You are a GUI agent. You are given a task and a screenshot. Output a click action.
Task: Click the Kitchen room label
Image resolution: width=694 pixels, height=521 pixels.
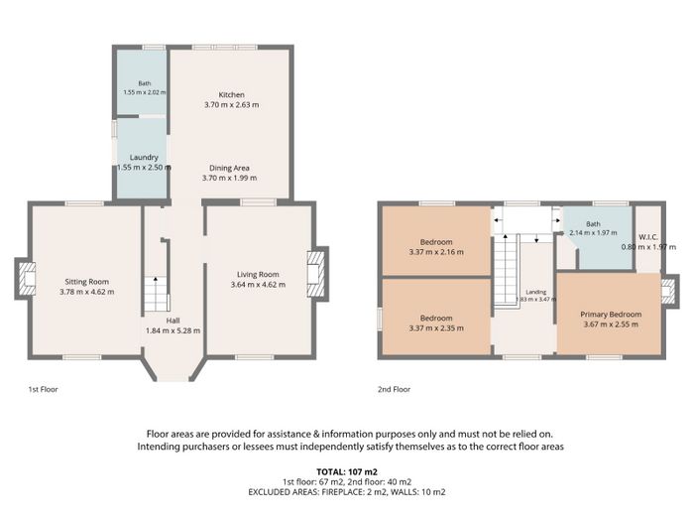(231, 95)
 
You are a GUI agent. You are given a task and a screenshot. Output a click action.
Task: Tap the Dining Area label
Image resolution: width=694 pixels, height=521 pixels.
(229, 168)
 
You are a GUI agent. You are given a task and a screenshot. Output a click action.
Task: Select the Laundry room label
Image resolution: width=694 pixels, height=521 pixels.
(144, 157)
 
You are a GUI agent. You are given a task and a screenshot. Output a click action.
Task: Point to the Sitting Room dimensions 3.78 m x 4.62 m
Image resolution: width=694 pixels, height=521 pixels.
(87, 292)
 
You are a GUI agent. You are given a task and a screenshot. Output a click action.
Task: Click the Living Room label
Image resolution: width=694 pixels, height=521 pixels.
(258, 275)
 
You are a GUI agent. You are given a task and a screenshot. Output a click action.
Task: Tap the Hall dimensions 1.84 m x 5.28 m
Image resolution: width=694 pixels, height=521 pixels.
(173, 330)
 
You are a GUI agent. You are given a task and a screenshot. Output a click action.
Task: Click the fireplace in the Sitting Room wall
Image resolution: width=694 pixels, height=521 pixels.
(25, 279)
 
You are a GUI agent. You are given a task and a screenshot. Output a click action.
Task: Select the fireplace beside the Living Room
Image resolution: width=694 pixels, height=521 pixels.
(318, 274)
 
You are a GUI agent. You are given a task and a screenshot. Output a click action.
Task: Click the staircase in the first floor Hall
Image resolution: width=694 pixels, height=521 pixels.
(156, 294)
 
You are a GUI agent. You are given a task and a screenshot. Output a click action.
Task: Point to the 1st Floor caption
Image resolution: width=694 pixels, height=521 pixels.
(43, 389)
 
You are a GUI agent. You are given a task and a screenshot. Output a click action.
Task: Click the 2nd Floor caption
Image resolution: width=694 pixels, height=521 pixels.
(394, 389)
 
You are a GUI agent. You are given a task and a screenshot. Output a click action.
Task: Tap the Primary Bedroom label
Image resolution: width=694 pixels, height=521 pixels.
(611, 315)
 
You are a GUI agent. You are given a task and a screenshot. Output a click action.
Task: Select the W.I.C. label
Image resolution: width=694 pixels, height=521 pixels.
(648, 237)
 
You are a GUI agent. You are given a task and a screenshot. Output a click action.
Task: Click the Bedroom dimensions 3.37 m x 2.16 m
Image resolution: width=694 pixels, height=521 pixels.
(436, 252)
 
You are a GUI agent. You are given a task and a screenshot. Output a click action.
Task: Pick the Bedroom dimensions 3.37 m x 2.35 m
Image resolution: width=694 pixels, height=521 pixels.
(436, 328)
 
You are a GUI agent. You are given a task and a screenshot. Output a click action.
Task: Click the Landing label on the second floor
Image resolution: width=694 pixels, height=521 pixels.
(536, 293)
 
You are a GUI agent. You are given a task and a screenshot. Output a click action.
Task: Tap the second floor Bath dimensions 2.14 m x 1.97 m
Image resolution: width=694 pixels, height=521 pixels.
(593, 232)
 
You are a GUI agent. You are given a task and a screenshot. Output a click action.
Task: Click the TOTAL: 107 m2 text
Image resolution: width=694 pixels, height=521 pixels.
(347, 471)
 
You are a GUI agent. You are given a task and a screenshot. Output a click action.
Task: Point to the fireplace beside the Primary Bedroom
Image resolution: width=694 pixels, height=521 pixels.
(669, 292)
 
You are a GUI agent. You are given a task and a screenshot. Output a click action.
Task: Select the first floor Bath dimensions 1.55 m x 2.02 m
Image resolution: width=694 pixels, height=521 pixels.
(145, 92)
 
